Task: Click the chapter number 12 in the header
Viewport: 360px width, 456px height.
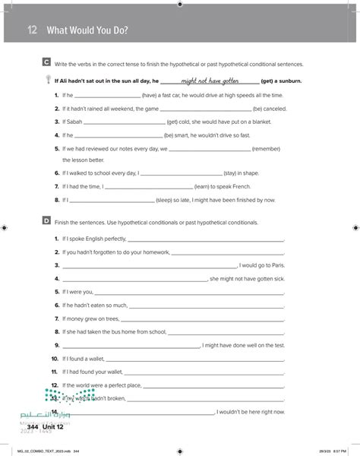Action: tap(32, 30)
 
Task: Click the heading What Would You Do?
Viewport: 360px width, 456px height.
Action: tap(87, 30)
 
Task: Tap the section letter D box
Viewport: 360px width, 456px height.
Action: tap(47, 222)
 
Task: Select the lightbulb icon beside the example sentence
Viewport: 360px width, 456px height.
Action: tap(48, 80)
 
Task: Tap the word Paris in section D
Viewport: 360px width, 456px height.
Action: tap(275, 265)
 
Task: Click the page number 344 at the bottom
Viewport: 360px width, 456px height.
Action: tap(32, 427)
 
